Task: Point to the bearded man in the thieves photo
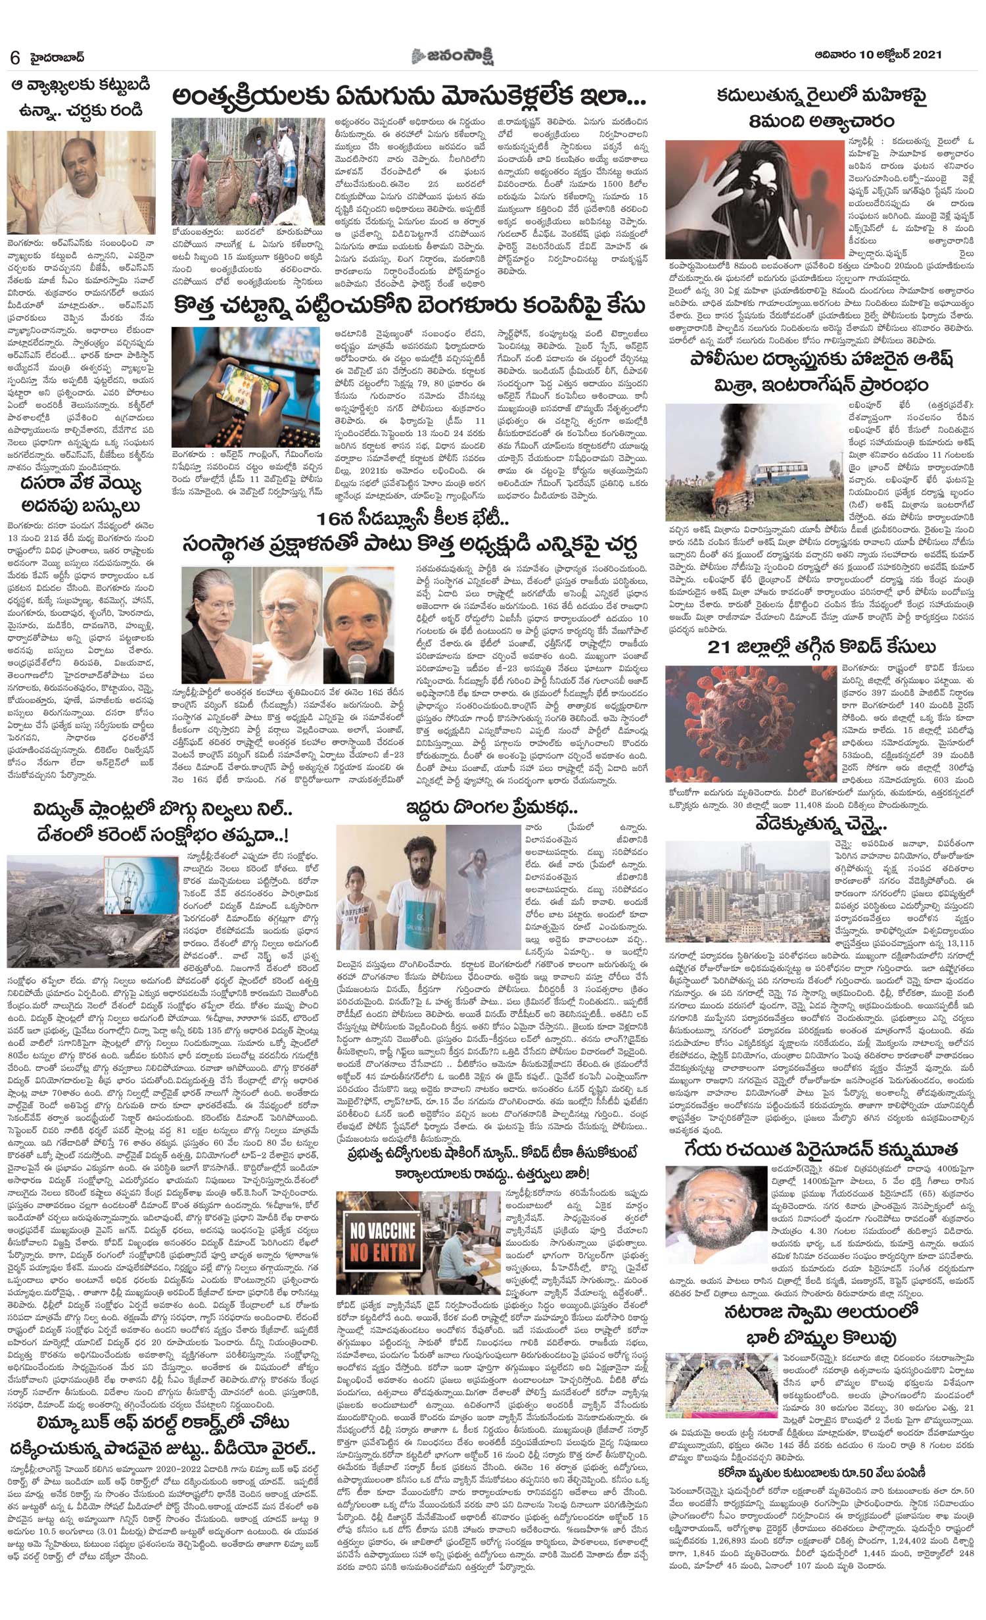click(x=413, y=895)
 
